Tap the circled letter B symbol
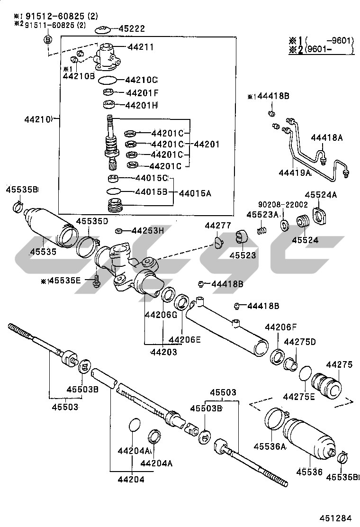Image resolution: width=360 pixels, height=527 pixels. tap(48, 39)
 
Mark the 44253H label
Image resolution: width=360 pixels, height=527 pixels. tap(147, 231)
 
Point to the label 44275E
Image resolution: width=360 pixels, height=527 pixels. tap(299, 396)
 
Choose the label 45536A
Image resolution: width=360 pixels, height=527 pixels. tap(270, 446)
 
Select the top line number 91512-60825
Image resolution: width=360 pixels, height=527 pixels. tap(60, 16)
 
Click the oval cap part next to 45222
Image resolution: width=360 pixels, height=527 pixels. tap(102, 30)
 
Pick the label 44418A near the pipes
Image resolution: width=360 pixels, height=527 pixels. tap(326, 137)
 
